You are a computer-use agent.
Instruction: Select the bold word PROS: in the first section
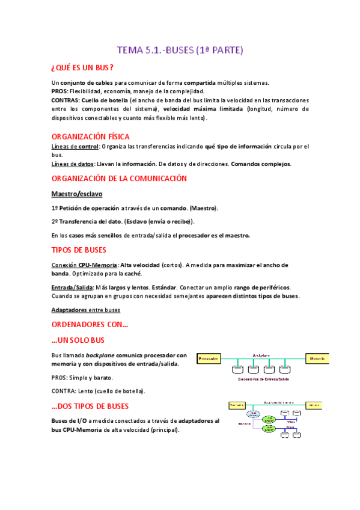[60, 91]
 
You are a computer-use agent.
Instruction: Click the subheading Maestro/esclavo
[77, 194]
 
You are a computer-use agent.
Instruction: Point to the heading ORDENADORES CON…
[90, 325]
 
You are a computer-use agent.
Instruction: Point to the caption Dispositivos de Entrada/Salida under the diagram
[264, 380]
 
